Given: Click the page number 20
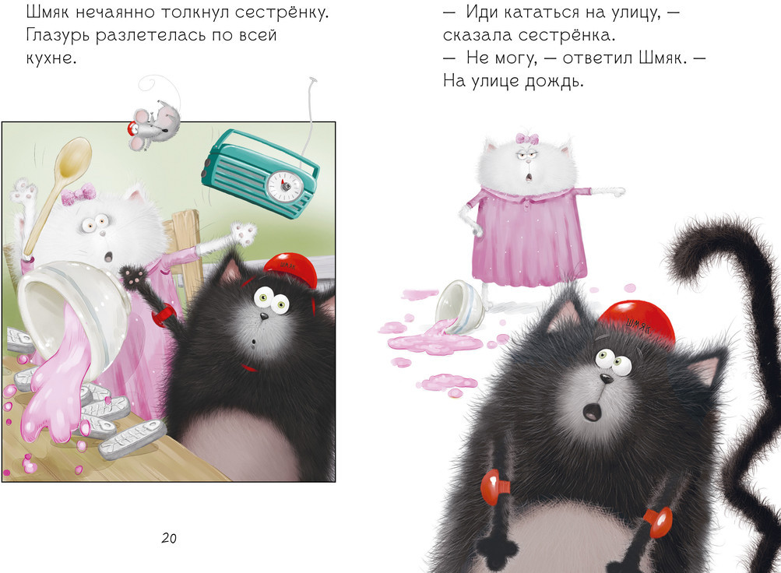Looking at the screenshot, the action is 169,538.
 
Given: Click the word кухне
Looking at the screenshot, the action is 51,58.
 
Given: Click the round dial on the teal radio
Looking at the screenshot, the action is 285,186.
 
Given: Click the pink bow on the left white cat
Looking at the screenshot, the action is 78,194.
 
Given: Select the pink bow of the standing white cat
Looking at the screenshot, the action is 527,139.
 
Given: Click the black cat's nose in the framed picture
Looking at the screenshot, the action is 263,316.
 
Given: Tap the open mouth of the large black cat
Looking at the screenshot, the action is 592,411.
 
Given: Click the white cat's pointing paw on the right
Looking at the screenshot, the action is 614,192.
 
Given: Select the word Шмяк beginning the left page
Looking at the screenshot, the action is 48,12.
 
